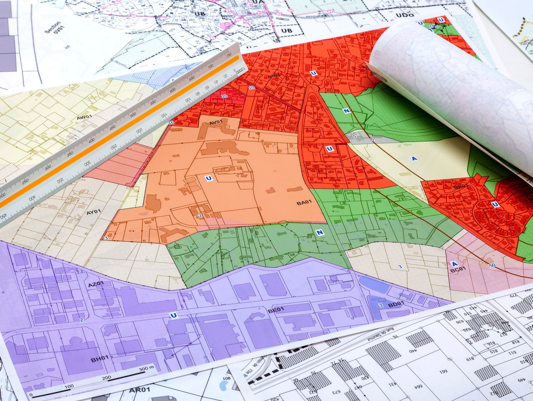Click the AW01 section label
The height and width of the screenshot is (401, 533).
coord(84,117)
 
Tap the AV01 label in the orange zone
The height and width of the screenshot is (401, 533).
coord(216,122)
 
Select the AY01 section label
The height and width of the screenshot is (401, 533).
coord(93,212)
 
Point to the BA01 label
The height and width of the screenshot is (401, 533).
coord(304,202)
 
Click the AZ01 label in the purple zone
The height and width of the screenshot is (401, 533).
coord(96,285)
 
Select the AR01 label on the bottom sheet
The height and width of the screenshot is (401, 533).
coord(139,390)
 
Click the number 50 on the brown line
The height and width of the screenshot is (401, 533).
coord(492,265)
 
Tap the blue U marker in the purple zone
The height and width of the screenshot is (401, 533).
coord(173,316)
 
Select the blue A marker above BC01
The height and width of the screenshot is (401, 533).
coord(454,263)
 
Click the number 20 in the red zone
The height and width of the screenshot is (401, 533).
coord(224,96)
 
